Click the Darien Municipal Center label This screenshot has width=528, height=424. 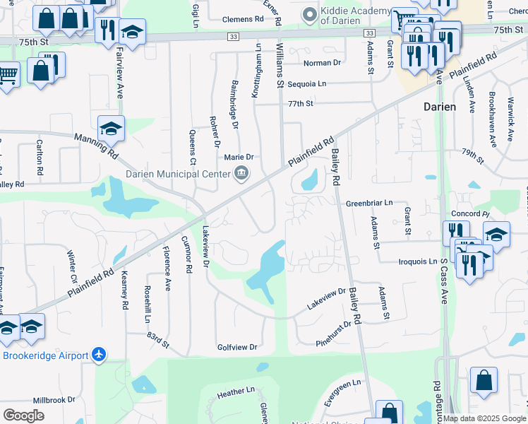pos(177,174)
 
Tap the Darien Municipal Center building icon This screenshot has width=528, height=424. pos(241,174)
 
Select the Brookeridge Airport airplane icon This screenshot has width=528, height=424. pos(99,355)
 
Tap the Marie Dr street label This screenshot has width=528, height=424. pos(239,157)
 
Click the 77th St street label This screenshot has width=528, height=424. pos(300,103)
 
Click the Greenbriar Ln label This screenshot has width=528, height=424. pos(368,204)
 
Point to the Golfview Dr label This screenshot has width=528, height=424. pos(237,348)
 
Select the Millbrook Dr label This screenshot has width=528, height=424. pos(54,400)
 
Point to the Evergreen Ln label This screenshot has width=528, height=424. pos(342,391)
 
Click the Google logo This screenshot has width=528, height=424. pos(24,416)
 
